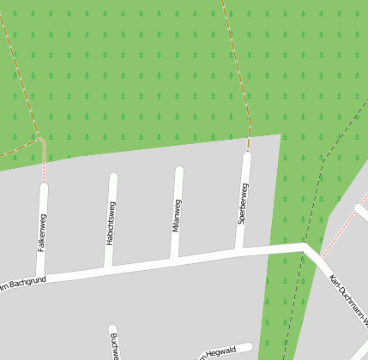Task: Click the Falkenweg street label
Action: coord(41,232)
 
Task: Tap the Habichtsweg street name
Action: coord(111,224)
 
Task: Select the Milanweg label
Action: coord(177,215)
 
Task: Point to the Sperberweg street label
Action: coord(243,204)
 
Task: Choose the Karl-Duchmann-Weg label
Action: coord(348,300)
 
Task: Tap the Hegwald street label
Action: coord(219,351)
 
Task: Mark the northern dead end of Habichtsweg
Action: coord(113,177)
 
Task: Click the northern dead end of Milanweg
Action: coord(179,170)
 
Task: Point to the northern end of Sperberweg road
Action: coord(247,155)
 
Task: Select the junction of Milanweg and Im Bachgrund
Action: coord(174,260)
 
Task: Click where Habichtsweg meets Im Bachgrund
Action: coord(108,268)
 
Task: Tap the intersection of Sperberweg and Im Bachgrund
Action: coord(239,250)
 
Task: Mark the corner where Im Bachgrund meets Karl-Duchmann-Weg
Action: coord(305,247)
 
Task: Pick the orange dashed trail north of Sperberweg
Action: coord(240,77)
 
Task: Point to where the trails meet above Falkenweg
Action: coord(39,138)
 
